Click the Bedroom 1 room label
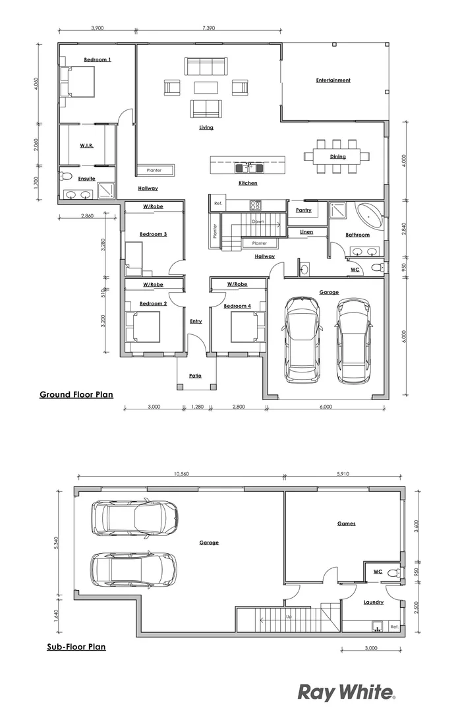pyautogui.click(x=97, y=60)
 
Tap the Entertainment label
pyautogui.click(x=333, y=80)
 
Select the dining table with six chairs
pyautogui.click(x=333, y=157)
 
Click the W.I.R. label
pyautogui.click(x=86, y=145)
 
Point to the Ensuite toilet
pyautogui.click(x=65, y=177)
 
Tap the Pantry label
pyautogui.click(x=303, y=210)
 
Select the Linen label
pyautogui.click(x=306, y=232)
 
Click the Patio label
pyautogui.click(x=195, y=376)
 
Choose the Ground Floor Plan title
pyautogui.click(x=76, y=395)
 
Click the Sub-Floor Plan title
pyautogui.click(x=76, y=647)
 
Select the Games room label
pyautogui.click(x=346, y=523)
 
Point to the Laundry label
pyautogui.click(x=373, y=603)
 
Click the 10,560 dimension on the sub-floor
pyautogui.click(x=181, y=473)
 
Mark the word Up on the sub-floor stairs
pyautogui.click(x=288, y=617)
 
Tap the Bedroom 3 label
pyautogui.click(x=153, y=234)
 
